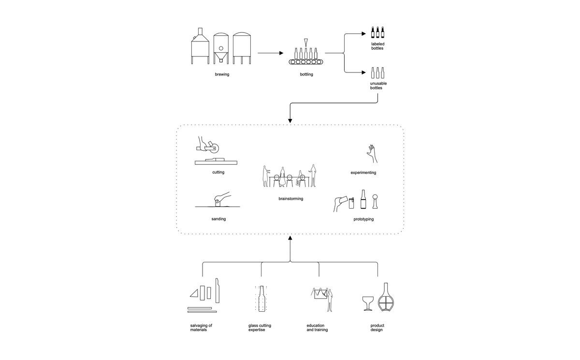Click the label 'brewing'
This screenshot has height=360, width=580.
coord(222,74)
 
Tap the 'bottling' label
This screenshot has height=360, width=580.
coord(306,74)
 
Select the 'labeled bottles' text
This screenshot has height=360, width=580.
coord(377,46)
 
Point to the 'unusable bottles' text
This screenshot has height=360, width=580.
coord(378,86)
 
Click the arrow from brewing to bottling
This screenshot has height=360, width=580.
coord(271,52)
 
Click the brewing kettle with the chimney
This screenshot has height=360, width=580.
coord(200,46)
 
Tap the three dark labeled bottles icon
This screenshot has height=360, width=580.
coord(377,32)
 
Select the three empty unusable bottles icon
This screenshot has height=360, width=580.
coord(377,73)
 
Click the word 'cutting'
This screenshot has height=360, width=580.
coord(218,172)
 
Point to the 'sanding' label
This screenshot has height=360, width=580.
coord(218,219)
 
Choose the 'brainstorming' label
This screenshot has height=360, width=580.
coord(290,199)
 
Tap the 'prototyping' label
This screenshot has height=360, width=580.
coord(363,219)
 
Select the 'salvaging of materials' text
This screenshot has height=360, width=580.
coord(201,328)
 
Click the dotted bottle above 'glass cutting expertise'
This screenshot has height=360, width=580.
coord(261,299)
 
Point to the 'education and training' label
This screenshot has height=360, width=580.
coord(317,328)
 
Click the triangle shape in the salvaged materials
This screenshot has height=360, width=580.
coord(194,292)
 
